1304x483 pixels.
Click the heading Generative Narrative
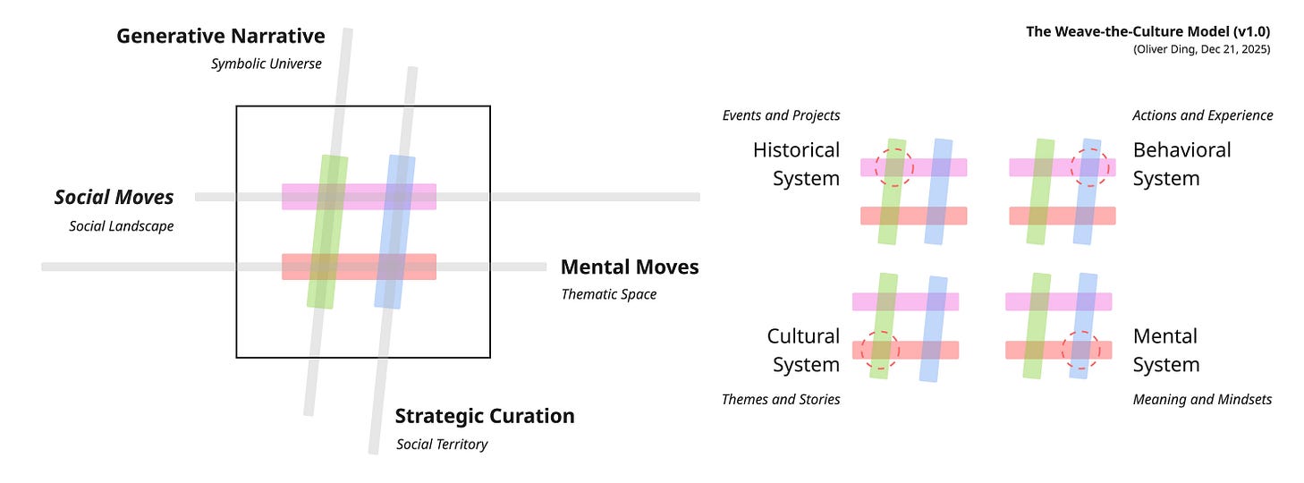tap(220, 37)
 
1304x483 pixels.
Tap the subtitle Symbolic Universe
tap(266, 64)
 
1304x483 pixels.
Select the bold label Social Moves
tap(114, 197)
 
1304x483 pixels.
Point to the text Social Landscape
tap(121, 226)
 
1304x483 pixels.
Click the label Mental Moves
tap(629, 267)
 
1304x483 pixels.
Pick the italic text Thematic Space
tap(608, 294)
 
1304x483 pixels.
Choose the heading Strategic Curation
tap(484, 416)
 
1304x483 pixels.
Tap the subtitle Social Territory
tap(441, 445)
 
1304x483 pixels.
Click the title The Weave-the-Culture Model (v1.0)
tap(1147, 32)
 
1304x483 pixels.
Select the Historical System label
tap(796, 164)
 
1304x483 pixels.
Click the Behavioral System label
tap(1181, 164)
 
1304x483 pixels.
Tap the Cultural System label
tap(803, 351)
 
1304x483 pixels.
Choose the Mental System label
tap(1165, 351)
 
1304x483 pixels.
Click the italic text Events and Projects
tap(781, 115)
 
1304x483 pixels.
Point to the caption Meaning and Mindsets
tap(1202, 400)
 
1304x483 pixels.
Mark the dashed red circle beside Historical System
tap(893, 167)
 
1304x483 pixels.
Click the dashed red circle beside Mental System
tap(1080, 350)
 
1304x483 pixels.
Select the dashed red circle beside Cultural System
tap(880, 350)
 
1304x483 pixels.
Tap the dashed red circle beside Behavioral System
tap(1089, 167)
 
